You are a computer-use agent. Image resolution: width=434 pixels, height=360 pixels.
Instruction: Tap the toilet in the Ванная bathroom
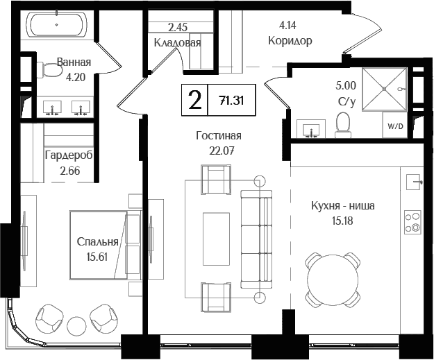click(x=49, y=70)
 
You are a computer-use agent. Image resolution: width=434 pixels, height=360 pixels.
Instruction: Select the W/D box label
click(x=394, y=127)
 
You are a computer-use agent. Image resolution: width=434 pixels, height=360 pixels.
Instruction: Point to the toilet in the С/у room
click(x=342, y=124)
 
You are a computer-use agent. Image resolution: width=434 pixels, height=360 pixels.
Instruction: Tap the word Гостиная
click(x=218, y=136)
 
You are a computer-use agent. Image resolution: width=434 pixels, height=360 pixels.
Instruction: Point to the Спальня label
click(x=97, y=242)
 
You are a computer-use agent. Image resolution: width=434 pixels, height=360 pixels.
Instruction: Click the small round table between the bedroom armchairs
click(x=76, y=325)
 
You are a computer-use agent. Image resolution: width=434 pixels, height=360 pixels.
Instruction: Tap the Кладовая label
click(x=178, y=42)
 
